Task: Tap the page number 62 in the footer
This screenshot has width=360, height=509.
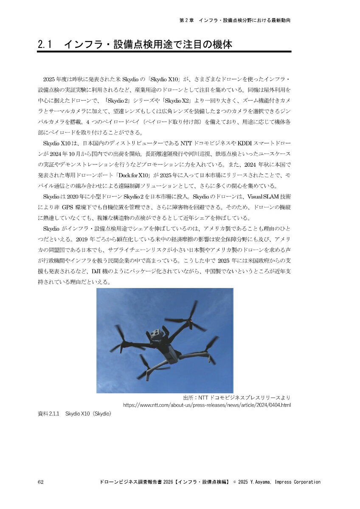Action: [x=41, y=482]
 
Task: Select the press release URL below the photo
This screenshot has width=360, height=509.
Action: [x=207, y=405]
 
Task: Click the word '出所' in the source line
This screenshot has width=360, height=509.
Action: [x=188, y=397]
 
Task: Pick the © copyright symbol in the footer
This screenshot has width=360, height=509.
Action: [x=234, y=482]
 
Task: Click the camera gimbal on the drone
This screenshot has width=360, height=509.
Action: [x=157, y=334]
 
